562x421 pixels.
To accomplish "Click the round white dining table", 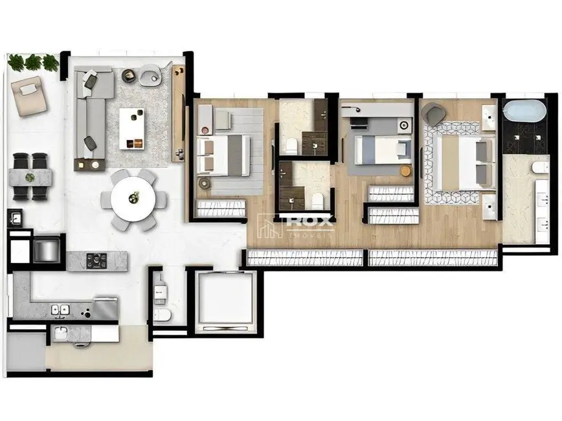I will (133, 198).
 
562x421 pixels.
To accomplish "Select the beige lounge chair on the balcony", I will (30, 93).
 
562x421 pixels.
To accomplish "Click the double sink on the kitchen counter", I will (62, 310).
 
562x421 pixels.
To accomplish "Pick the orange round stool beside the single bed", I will (405, 170).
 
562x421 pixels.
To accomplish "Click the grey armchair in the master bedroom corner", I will (433, 114).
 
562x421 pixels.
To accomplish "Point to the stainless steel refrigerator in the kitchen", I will (47, 248).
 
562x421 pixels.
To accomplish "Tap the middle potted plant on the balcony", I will (34, 63).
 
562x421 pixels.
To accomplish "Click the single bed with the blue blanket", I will (380, 148).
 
